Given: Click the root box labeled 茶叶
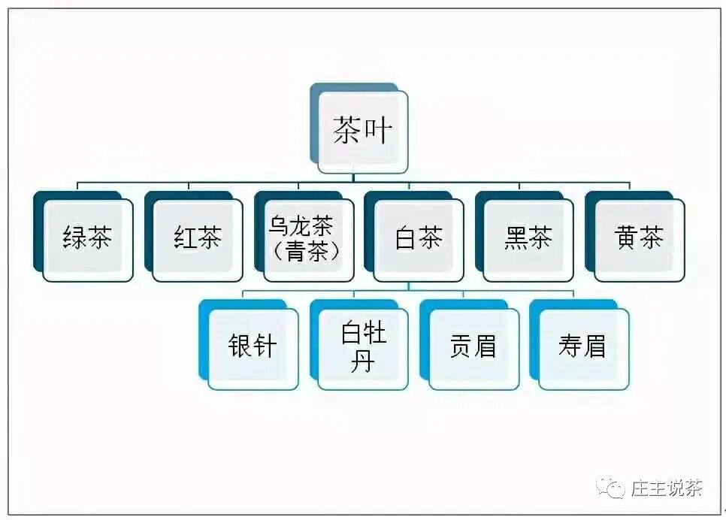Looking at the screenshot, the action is (x=363, y=132).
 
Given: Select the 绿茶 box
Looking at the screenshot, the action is (x=88, y=240).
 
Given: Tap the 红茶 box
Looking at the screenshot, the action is (x=198, y=240).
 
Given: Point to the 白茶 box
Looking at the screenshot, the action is (x=418, y=240).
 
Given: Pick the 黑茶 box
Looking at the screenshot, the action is (x=528, y=240).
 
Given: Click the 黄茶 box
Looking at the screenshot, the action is (x=639, y=240).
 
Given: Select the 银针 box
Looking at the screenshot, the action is (x=253, y=346).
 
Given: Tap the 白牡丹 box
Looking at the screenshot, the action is (x=363, y=346).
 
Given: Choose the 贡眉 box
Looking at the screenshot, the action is (x=473, y=346).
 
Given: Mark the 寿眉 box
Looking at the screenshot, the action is (x=583, y=346).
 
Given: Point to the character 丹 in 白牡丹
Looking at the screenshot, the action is (x=363, y=362).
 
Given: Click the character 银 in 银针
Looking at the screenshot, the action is (x=240, y=346).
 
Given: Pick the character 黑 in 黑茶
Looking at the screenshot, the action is (x=516, y=240).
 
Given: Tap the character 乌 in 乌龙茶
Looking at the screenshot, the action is (x=279, y=227).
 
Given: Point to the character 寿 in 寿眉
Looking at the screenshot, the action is (x=570, y=346).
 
